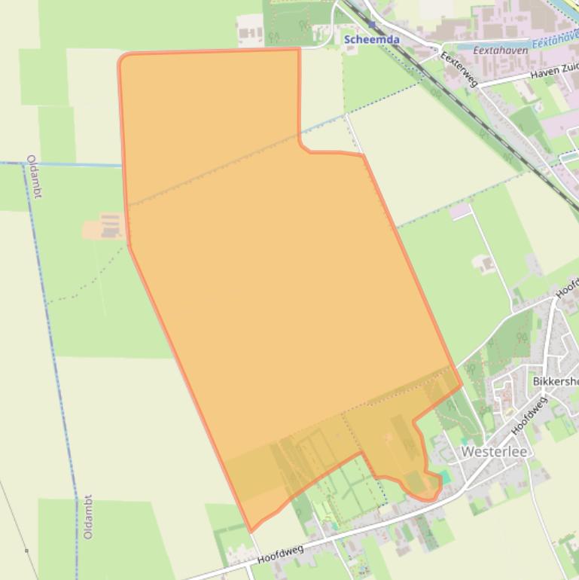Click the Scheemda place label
tap(371, 39)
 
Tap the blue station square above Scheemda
tap(371, 25)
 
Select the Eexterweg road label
tap(459, 69)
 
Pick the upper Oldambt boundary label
tap(34, 176)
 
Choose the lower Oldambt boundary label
tap(89, 516)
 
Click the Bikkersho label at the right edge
tap(554, 382)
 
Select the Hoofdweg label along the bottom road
tap(280, 554)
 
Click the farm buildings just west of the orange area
tap(111, 225)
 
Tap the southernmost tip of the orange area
tap(251, 530)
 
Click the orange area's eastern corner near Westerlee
tap(461, 386)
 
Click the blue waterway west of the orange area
tap(60, 163)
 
